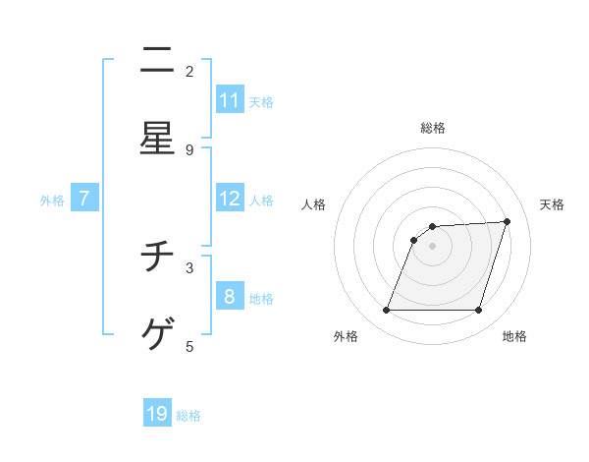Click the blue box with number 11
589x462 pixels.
230,100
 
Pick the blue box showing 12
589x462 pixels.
230,199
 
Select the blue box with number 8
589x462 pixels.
230,296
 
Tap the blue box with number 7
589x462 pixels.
84,199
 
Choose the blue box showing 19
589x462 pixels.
157,414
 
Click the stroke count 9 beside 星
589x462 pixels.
189,149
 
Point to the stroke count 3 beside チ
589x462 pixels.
189,266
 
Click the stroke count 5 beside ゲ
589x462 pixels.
189,345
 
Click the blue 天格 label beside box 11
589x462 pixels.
261,101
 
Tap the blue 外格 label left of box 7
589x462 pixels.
52,200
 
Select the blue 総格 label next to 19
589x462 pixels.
188,416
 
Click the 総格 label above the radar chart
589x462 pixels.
433,128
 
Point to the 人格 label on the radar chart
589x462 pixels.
314,204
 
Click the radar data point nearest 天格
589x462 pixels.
508,221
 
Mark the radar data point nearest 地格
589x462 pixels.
479,311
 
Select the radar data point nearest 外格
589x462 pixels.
386,311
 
